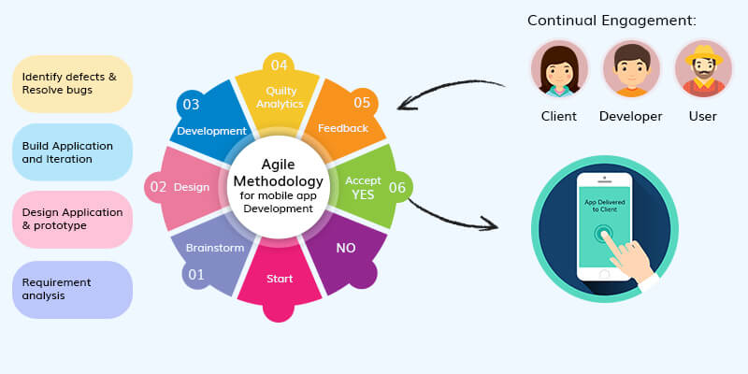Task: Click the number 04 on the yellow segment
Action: point(279,65)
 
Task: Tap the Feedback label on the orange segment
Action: point(343,128)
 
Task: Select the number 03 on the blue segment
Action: point(191,105)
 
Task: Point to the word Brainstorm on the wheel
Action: point(215,248)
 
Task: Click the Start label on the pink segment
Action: point(280,279)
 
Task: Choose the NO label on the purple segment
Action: point(346,249)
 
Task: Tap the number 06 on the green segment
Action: point(396,188)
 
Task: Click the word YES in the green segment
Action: point(363,195)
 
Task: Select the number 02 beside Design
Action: point(158,187)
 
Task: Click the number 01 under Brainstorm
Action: point(196,275)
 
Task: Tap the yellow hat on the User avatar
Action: point(704,55)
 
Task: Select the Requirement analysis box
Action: point(73,290)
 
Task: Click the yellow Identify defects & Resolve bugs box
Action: point(73,83)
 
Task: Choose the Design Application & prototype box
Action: point(73,219)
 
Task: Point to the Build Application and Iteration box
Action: point(73,152)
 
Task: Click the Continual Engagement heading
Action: point(612,21)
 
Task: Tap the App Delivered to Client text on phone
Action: point(604,206)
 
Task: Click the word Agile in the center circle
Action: point(278,165)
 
